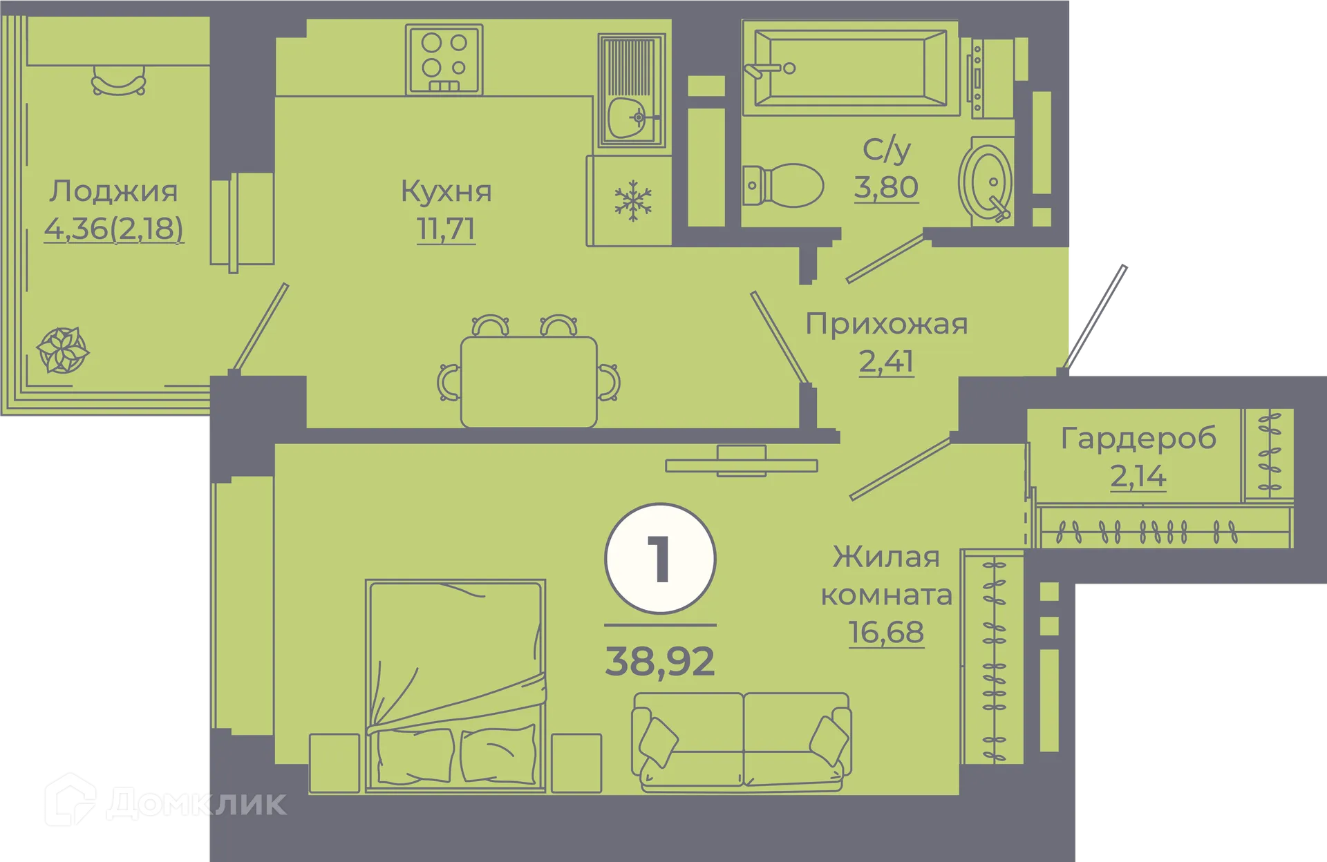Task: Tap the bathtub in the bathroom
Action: click(850, 68)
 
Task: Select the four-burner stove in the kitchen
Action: click(444, 59)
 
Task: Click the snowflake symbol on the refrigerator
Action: click(633, 201)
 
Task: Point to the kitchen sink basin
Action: click(628, 119)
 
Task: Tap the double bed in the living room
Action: click(455, 684)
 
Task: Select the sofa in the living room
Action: click(741, 740)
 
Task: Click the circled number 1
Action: click(660, 558)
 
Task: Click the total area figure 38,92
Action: click(660, 662)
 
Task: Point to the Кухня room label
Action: click(446, 191)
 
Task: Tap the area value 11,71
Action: click(446, 229)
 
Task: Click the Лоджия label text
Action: click(113, 191)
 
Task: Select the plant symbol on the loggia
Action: click(62, 350)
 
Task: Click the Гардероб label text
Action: click(1138, 439)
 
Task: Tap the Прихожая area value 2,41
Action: click(886, 361)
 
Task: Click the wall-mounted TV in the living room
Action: click(741, 464)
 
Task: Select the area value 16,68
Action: click(886, 632)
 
